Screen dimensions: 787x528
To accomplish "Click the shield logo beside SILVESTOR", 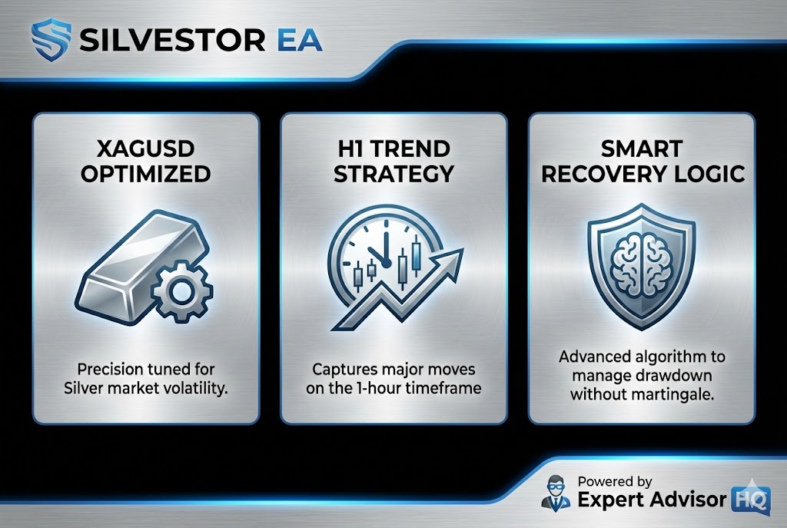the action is pos(50,40).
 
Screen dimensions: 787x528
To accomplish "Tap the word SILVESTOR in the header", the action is pos(172,40).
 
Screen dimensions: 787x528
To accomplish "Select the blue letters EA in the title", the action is pos(299,40).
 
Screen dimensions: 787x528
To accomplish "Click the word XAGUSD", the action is pos(145,149).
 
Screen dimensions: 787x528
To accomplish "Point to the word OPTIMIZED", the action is pos(145,174).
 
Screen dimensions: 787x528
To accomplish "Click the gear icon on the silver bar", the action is pos(182,291).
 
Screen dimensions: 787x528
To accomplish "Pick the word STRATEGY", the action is pos(393,174).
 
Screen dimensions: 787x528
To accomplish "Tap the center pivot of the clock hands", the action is pos(386,263).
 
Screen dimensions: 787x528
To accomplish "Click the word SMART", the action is pos(642,149).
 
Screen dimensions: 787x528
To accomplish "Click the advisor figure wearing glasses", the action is pos(556,492).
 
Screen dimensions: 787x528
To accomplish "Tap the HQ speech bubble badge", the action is pos(752,498).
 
